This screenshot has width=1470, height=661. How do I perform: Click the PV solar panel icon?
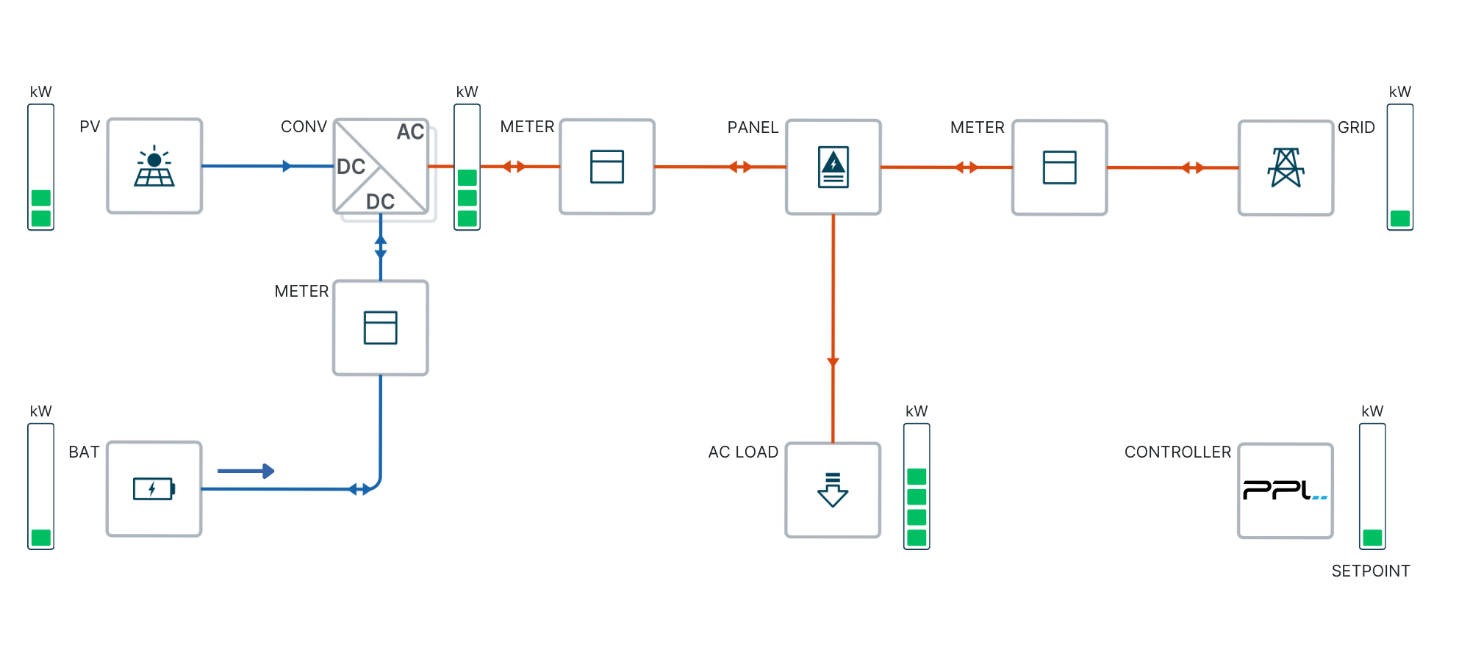click(x=154, y=167)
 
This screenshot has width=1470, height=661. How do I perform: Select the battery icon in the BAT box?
click(x=154, y=488)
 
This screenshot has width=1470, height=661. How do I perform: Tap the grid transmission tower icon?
click(x=1286, y=167)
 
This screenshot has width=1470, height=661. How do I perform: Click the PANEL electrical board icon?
click(x=833, y=167)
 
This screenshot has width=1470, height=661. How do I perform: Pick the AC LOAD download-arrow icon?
click(x=833, y=490)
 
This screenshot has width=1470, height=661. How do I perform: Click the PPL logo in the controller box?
click(x=1285, y=490)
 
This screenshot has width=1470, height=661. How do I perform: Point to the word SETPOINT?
click(x=1370, y=571)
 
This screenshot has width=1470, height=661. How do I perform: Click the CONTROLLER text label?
click(x=1177, y=452)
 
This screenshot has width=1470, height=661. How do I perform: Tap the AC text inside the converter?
click(x=410, y=131)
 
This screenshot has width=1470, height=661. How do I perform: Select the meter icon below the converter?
click(x=380, y=328)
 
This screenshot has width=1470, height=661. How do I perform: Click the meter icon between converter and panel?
click(x=606, y=167)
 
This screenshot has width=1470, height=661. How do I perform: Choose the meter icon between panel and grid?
click(x=1059, y=167)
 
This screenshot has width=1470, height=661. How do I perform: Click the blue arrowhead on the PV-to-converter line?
click(x=287, y=166)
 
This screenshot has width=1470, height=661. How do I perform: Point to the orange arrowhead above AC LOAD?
click(x=833, y=361)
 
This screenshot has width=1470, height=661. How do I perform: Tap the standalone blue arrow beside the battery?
click(x=246, y=471)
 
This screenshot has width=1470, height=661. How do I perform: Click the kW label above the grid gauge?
click(x=1399, y=92)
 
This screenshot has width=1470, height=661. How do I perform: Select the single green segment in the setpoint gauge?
click(x=1372, y=538)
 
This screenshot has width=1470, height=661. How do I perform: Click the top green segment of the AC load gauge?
click(x=917, y=477)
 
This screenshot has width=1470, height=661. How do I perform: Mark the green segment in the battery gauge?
click(x=41, y=538)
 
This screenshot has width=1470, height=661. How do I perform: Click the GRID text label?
click(x=1356, y=127)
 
